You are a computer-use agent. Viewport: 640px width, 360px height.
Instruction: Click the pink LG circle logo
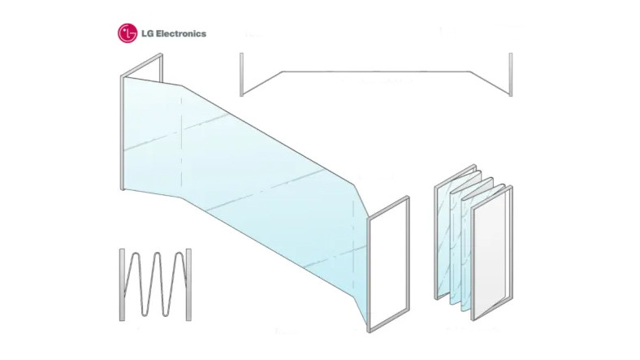(x=128, y=33)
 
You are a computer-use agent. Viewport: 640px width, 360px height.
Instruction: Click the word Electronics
(x=181, y=33)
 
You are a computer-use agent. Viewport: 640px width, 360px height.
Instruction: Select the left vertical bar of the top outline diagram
(x=242, y=75)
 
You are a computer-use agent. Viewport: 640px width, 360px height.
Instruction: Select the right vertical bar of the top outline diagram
(x=511, y=75)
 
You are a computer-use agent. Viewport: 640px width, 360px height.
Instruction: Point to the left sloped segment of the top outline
(x=262, y=83)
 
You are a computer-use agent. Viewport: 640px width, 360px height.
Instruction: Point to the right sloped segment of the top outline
(x=490, y=83)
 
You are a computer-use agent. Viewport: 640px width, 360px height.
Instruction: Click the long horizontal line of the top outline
(x=376, y=72)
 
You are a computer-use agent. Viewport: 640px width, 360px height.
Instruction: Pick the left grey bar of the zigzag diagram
(x=122, y=284)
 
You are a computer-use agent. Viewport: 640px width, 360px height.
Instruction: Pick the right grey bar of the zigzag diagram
(x=188, y=284)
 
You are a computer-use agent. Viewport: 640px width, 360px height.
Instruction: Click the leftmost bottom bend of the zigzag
(x=146, y=312)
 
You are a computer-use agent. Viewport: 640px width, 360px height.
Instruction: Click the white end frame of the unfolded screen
(x=388, y=264)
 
